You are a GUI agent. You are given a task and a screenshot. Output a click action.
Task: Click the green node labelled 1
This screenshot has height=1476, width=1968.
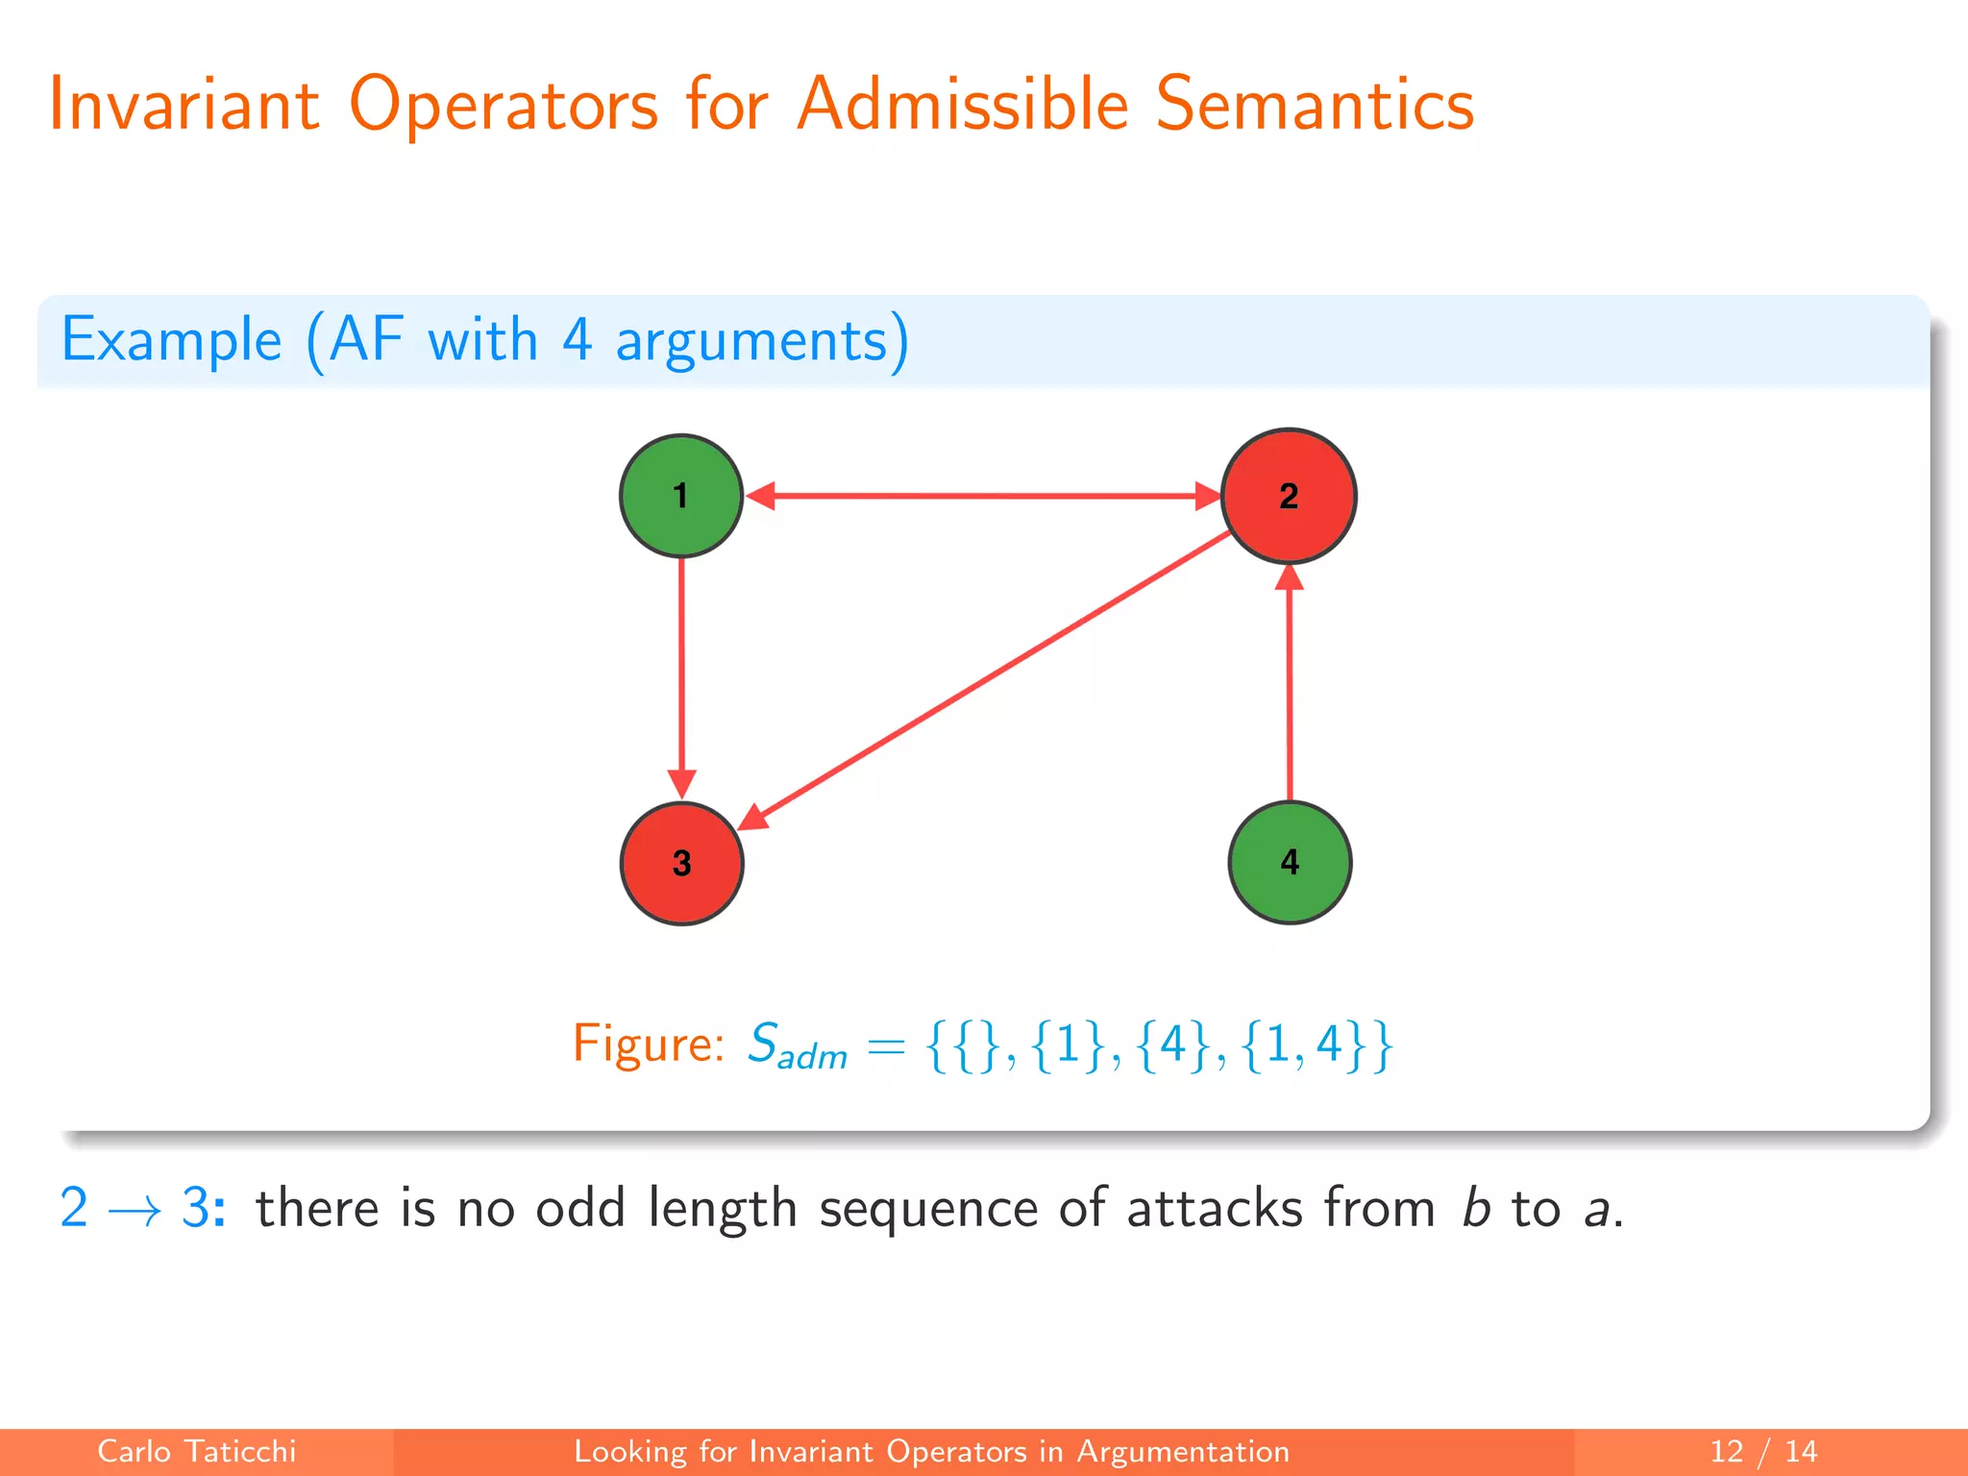[680, 496]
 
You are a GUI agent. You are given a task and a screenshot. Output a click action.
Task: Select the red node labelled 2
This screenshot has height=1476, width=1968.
[1288, 496]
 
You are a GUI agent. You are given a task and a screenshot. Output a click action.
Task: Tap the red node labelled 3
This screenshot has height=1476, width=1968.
[681, 863]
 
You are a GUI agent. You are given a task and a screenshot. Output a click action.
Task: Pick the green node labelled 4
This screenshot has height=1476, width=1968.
[1290, 862]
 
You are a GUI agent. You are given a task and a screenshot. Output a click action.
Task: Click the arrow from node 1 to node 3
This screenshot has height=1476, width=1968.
[681, 673]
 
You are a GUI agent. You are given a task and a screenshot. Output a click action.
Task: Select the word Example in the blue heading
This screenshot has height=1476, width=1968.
[171, 340]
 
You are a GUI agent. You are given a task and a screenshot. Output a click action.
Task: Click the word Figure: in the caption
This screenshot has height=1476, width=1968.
[648, 1044]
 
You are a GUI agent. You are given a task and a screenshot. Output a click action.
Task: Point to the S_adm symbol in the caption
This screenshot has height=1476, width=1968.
[796, 1045]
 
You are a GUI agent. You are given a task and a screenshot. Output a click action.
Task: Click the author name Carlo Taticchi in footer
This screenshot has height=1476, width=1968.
[196, 1451]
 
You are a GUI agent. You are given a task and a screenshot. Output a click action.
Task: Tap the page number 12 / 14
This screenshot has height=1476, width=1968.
[1763, 1451]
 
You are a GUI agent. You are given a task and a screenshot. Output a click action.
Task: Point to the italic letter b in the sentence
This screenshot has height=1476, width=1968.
[1475, 1208]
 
